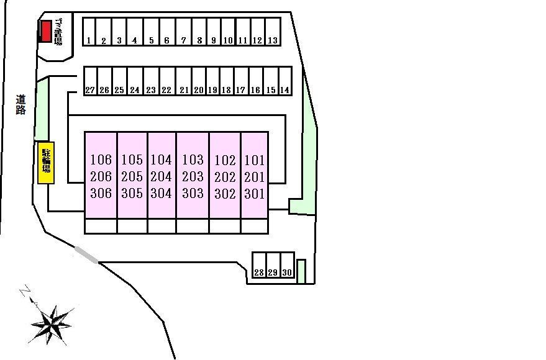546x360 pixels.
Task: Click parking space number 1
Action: tap(89, 32)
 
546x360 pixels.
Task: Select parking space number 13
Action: tap(273, 32)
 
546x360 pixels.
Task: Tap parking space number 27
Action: tap(90, 81)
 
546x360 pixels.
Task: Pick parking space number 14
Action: tap(285, 81)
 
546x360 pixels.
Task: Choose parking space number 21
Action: tap(184, 81)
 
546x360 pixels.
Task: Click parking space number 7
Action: tap(183, 32)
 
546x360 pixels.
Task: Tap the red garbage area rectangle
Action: tap(45, 31)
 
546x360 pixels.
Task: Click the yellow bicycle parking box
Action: tap(46, 163)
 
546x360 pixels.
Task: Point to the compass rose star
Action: tap(53, 321)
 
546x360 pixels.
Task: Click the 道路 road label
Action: tap(21, 104)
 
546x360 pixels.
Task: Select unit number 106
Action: tap(101, 160)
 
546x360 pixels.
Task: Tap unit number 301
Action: tap(255, 194)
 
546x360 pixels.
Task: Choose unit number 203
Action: tap(193, 177)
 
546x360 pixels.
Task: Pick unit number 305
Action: tap(132, 194)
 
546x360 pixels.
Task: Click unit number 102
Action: tap(225, 160)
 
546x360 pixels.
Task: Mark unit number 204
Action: tap(162, 177)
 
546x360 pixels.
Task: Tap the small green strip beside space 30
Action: tap(302, 271)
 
